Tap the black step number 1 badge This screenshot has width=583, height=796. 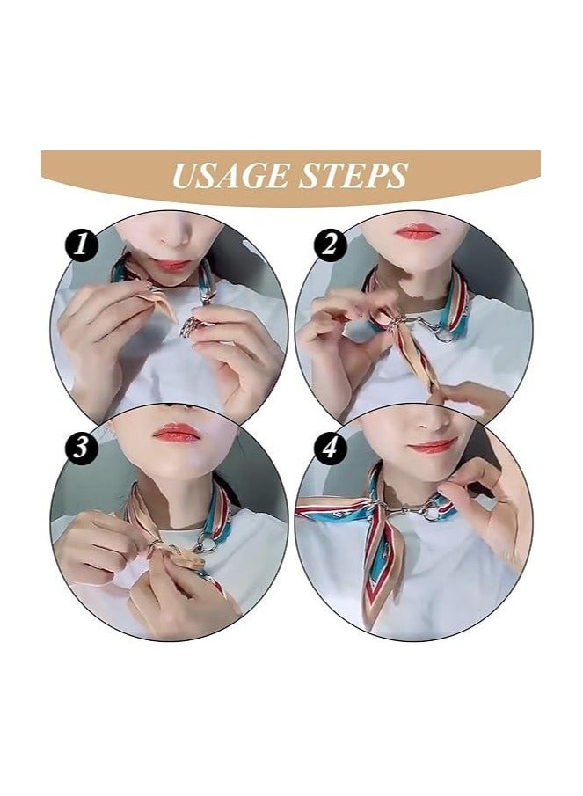[x=83, y=245]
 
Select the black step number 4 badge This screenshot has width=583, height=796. [x=330, y=448]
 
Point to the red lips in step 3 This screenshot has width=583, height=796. [x=178, y=433]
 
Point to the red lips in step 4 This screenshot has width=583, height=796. [x=432, y=446]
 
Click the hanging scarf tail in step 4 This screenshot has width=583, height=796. [x=380, y=572]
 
